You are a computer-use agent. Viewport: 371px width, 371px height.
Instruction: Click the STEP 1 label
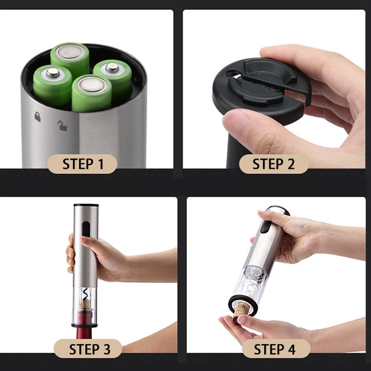[83, 164]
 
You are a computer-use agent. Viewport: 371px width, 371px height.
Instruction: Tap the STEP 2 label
[274, 164]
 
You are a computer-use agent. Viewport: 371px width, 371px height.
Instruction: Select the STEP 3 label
[88, 349]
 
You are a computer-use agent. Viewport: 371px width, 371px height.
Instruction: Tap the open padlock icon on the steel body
[62, 125]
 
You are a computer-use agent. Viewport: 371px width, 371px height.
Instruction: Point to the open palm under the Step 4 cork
[250, 327]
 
